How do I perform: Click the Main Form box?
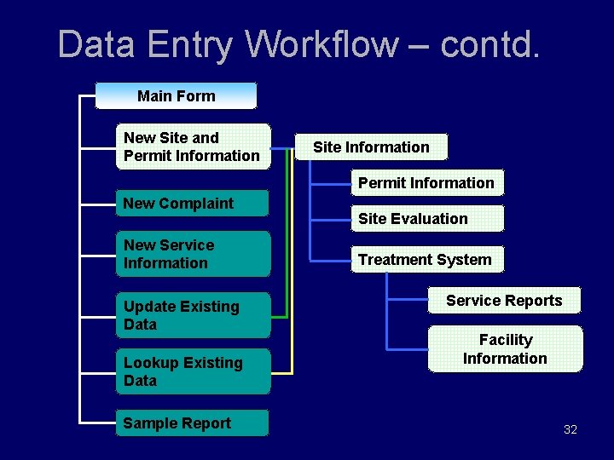click(x=176, y=95)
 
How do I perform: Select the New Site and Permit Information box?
click(x=193, y=147)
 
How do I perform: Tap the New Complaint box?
click(x=193, y=203)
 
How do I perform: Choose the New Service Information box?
click(x=193, y=254)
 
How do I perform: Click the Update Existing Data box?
click(x=193, y=315)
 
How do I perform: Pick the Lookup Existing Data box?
click(x=193, y=371)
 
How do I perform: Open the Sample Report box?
click(x=193, y=423)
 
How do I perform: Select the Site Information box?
click(x=371, y=147)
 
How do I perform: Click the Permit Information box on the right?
click(x=426, y=182)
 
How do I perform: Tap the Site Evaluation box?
click(x=426, y=219)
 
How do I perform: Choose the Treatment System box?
click(x=426, y=260)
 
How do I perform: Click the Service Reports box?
click(x=504, y=301)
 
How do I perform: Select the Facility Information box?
click(x=505, y=349)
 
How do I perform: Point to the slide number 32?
click(x=571, y=429)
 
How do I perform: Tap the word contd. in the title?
click(x=489, y=44)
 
